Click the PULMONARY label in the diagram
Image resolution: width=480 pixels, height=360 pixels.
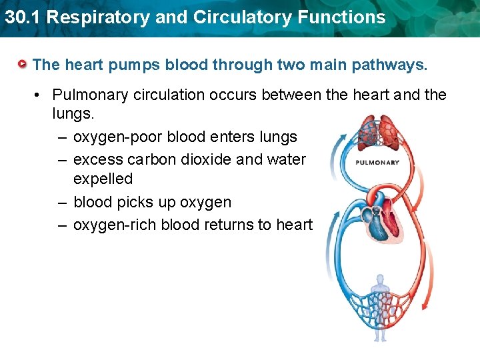(377, 162)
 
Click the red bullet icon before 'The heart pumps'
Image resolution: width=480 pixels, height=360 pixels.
(23, 65)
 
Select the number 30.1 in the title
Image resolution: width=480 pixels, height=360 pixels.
(21, 17)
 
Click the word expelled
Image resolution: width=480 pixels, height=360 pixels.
(103, 179)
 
